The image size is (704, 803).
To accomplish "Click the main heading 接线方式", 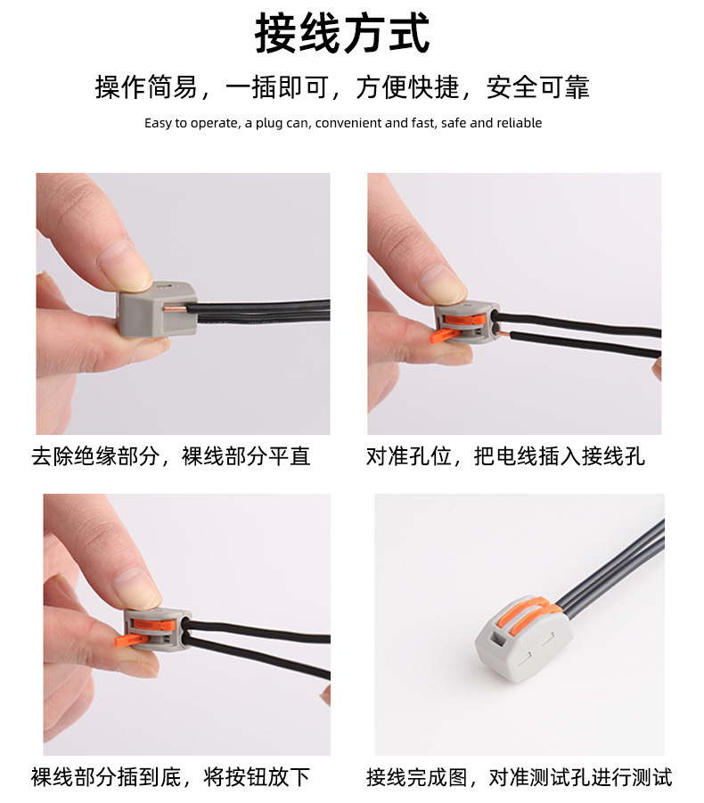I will click(343, 35).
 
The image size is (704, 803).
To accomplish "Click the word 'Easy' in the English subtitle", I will click(159, 123).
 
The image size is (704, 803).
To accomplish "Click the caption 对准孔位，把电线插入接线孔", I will click(505, 457).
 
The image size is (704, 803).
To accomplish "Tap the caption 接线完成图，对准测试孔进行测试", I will click(519, 777).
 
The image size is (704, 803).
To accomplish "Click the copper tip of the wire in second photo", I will click(504, 334).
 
